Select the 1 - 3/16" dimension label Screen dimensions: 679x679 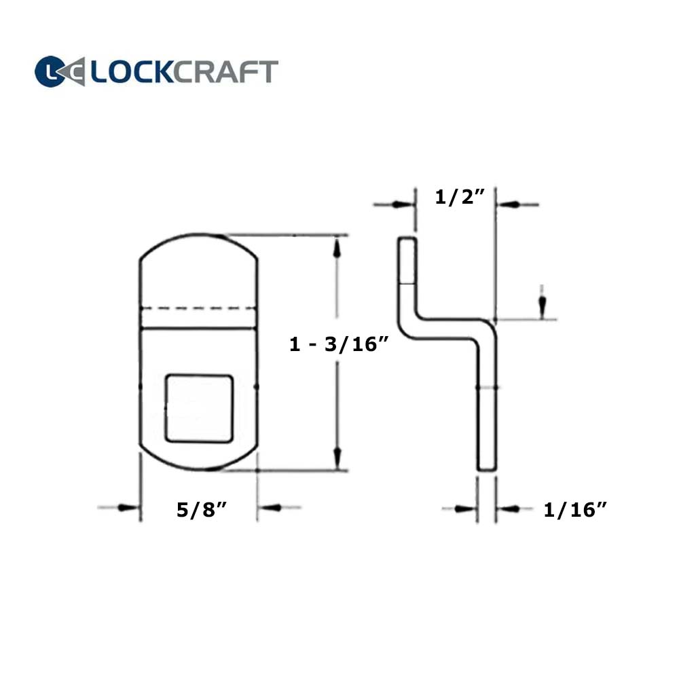338,345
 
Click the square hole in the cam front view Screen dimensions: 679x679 200,408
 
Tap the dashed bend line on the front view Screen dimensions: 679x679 198,309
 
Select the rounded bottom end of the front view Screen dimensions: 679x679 198,460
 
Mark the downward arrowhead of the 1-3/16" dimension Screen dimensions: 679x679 337,457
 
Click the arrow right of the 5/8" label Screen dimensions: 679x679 271,507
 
